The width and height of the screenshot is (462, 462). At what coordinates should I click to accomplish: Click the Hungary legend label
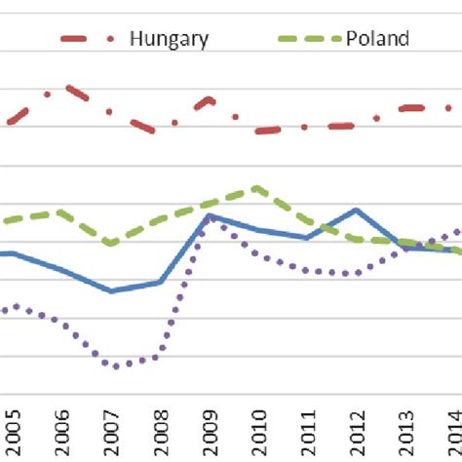click(x=169, y=38)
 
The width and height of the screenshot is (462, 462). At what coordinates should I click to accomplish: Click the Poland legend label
click(x=376, y=38)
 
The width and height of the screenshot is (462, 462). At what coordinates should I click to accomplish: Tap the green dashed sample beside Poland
click(x=309, y=38)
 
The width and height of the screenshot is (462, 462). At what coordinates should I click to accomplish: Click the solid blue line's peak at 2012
click(x=356, y=210)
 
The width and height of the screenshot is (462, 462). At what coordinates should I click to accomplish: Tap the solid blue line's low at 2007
click(x=111, y=290)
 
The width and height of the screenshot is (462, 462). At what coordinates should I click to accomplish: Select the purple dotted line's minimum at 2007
click(x=116, y=366)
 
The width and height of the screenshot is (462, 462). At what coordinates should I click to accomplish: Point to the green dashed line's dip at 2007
click(x=111, y=243)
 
